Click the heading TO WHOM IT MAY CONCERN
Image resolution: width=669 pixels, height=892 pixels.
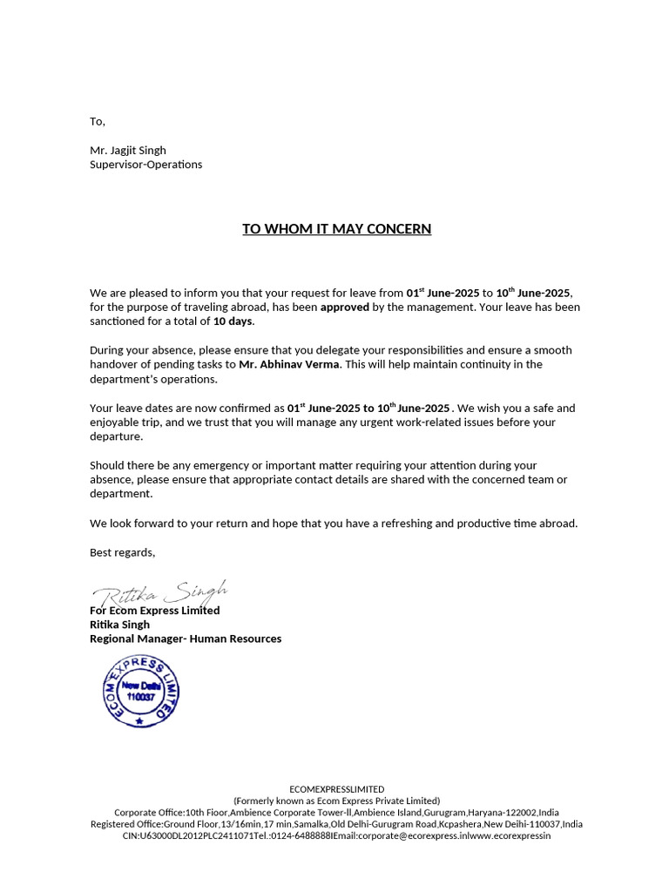(x=336, y=229)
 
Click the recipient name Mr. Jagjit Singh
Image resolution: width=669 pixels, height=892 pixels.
(x=128, y=150)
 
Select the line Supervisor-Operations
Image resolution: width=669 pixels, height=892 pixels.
(x=145, y=164)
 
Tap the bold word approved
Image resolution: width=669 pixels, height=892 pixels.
(x=345, y=307)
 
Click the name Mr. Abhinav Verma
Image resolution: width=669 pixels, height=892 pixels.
(x=289, y=364)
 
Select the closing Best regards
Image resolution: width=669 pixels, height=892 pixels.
(x=123, y=552)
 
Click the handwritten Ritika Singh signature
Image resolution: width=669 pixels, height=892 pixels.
(x=162, y=592)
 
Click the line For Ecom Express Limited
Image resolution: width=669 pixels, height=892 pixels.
(x=155, y=611)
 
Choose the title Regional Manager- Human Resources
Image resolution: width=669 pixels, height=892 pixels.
(x=186, y=639)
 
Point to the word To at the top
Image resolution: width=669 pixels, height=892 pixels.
(x=97, y=121)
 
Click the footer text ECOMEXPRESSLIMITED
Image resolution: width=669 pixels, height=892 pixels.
(x=336, y=789)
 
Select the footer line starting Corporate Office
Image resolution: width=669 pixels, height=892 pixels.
(x=336, y=812)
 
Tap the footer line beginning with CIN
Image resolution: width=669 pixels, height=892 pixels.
(x=336, y=835)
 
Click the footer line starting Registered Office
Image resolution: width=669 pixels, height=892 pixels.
(x=336, y=824)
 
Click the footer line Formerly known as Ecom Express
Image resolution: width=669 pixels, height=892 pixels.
(x=336, y=801)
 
